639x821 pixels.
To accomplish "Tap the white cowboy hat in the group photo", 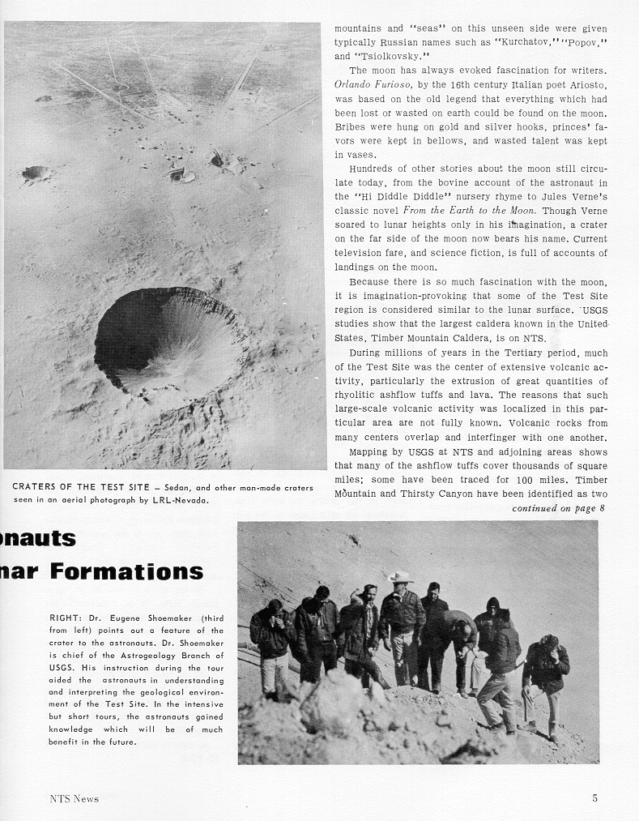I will pos(400,577).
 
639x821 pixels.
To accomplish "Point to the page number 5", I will pos(594,798).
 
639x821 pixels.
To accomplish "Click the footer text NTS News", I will pos(74,798).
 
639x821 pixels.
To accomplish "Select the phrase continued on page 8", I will pos(558,508).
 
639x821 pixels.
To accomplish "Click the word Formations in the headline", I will pos(126,571).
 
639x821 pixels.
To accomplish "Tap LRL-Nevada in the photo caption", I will pos(182,500).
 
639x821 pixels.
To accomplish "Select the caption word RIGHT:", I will pos(66,618).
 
